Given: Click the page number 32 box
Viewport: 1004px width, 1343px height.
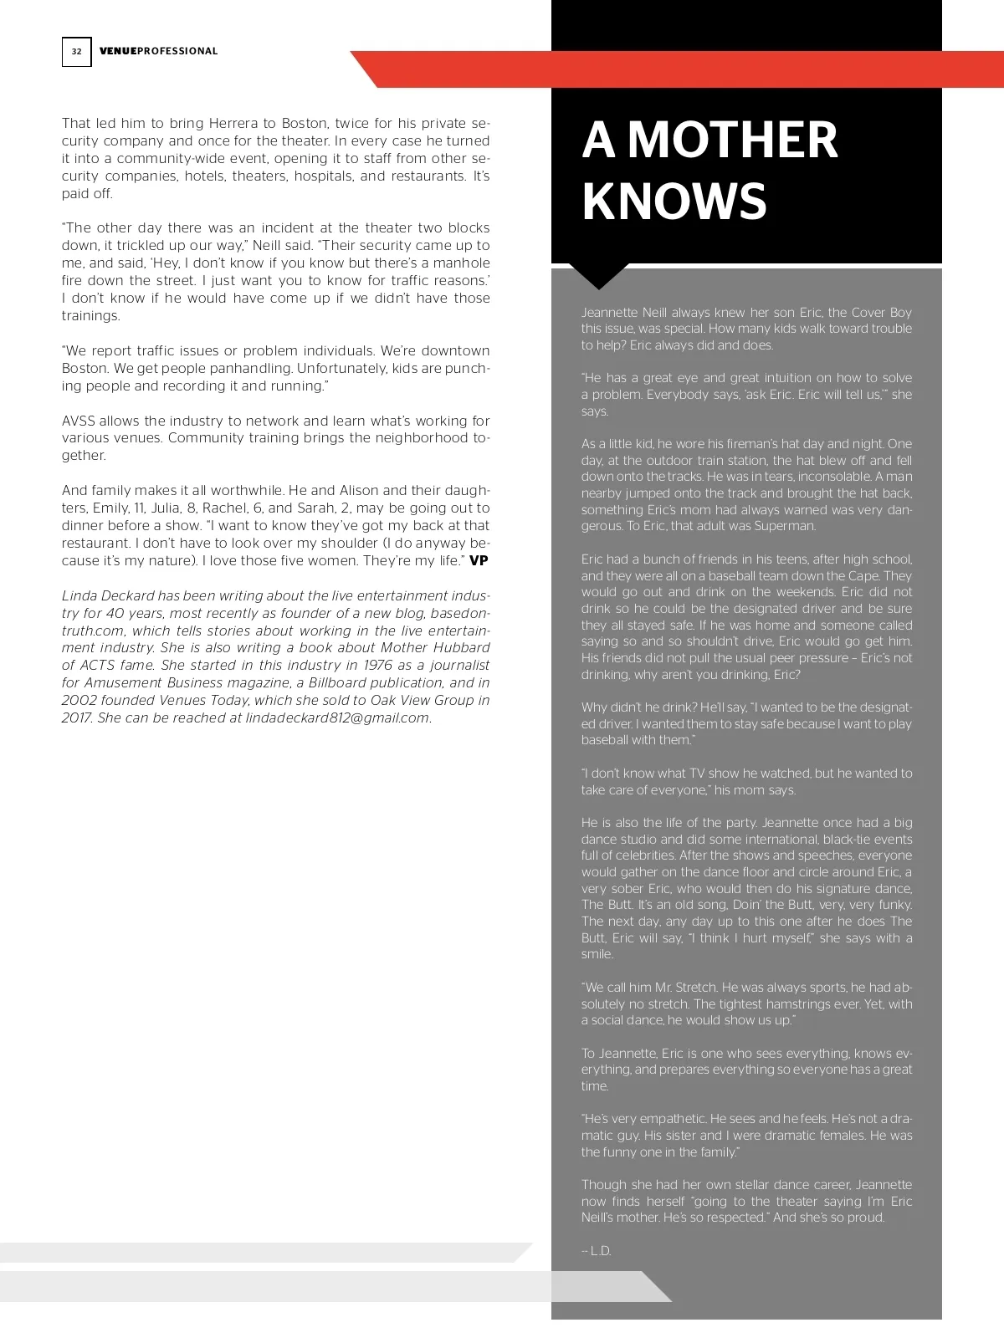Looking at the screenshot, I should pyautogui.click(x=76, y=52).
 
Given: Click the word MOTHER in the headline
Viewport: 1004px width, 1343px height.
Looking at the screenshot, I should pyautogui.click(x=732, y=140).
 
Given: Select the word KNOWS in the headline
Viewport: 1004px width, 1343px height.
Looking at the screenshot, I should pyautogui.click(x=674, y=202).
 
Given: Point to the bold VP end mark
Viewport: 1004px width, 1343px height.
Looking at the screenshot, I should pyautogui.click(x=479, y=561).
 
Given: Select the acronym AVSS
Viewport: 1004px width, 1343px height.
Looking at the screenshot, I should pyautogui.click(x=81, y=421).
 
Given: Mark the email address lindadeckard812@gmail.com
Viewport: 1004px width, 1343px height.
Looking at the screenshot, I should pyautogui.click(x=337, y=717).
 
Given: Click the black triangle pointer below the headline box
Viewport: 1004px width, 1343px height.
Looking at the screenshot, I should pyautogui.click(x=597, y=276).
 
